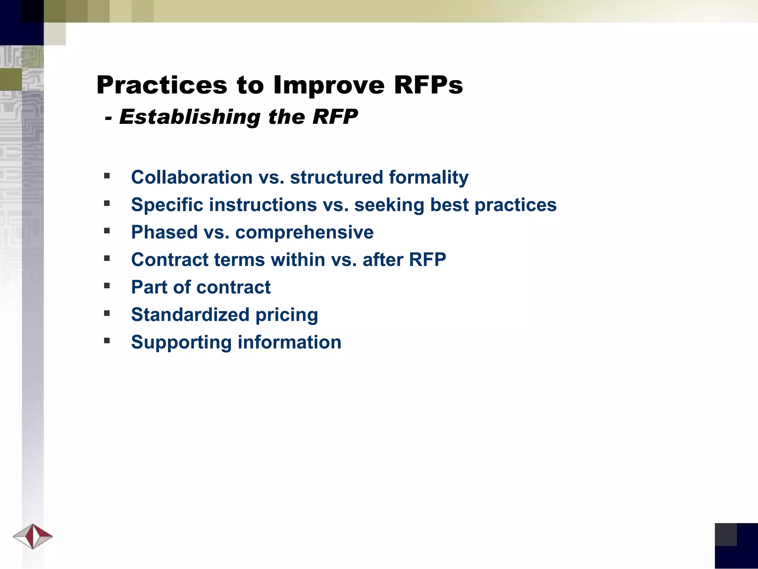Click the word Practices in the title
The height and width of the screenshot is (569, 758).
point(161,85)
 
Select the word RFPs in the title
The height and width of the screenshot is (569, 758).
point(428,85)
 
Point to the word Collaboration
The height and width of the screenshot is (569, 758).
point(192,177)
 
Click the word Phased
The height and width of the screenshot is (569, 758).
point(164,232)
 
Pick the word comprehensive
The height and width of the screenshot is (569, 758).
point(304,232)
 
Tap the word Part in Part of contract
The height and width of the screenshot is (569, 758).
point(149,287)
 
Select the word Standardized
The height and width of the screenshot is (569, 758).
point(190,315)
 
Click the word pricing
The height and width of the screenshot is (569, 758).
point(286,315)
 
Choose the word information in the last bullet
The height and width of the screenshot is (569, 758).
point(289,342)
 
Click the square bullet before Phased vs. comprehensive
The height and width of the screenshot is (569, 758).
point(107,231)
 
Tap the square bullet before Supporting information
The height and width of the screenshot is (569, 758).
point(107,340)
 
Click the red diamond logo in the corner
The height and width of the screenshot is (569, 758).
point(33,536)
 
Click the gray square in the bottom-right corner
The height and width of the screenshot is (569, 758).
point(725,534)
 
